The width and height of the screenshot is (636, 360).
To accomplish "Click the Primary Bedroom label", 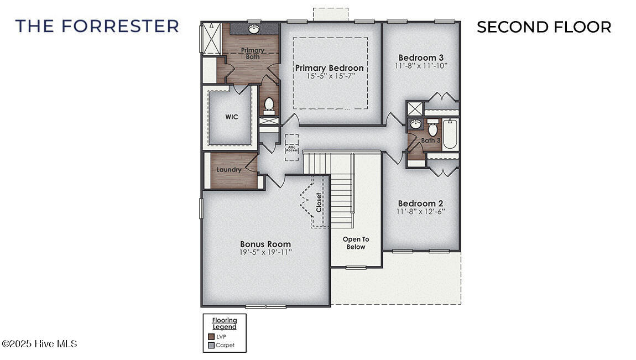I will [x=329, y=68].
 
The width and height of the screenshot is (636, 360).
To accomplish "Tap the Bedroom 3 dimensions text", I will [x=421, y=65].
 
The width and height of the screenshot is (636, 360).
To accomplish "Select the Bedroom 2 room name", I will [x=420, y=203].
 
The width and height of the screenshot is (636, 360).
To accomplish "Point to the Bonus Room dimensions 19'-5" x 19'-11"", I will [x=265, y=252].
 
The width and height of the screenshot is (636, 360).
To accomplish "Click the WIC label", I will [x=231, y=117].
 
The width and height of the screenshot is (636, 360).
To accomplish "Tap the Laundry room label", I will [x=229, y=170].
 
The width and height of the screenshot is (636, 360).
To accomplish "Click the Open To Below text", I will [x=356, y=243].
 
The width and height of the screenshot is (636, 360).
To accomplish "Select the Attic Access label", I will [x=291, y=148].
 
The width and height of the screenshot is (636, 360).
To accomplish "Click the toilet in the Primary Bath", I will [x=269, y=104].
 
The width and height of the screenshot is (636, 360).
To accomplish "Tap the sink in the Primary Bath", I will [x=254, y=28].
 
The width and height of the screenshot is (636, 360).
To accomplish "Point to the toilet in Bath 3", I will [x=433, y=129].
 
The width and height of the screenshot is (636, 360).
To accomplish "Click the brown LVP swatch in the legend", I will [x=211, y=336].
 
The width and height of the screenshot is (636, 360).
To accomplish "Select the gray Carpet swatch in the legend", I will [x=211, y=345].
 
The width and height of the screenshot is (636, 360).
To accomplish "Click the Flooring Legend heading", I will [x=225, y=324].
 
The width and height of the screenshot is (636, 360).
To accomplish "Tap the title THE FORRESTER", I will [x=97, y=26].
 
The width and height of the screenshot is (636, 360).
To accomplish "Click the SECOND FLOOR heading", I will [x=544, y=27].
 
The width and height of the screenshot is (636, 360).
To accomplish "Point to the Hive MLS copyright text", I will [x=40, y=344].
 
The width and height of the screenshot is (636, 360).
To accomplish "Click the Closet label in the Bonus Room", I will [x=319, y=202].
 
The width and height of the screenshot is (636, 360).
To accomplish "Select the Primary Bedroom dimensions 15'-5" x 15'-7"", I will [x=331, y=76].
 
